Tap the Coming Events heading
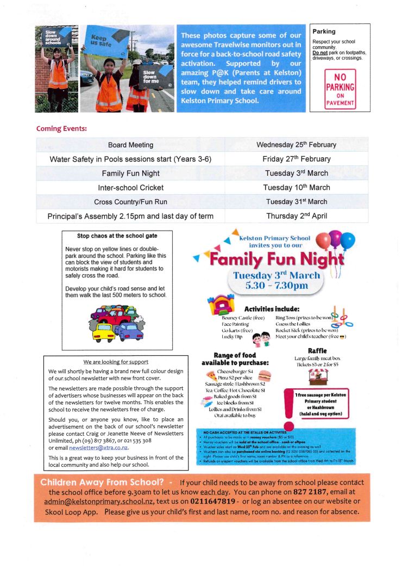[x=61, y=129]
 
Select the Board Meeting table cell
[x=130, y=145]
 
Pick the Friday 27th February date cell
[x=296, y=159]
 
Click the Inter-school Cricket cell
[x=130, y=187]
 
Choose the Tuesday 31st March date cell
[x=296, y=201]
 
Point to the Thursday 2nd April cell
[x=296, y=215]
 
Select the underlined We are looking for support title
[x=116, y=362]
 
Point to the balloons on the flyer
[x=335, y=241]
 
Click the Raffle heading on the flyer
[x=316, y=351]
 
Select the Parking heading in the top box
[x=324, y=32]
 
